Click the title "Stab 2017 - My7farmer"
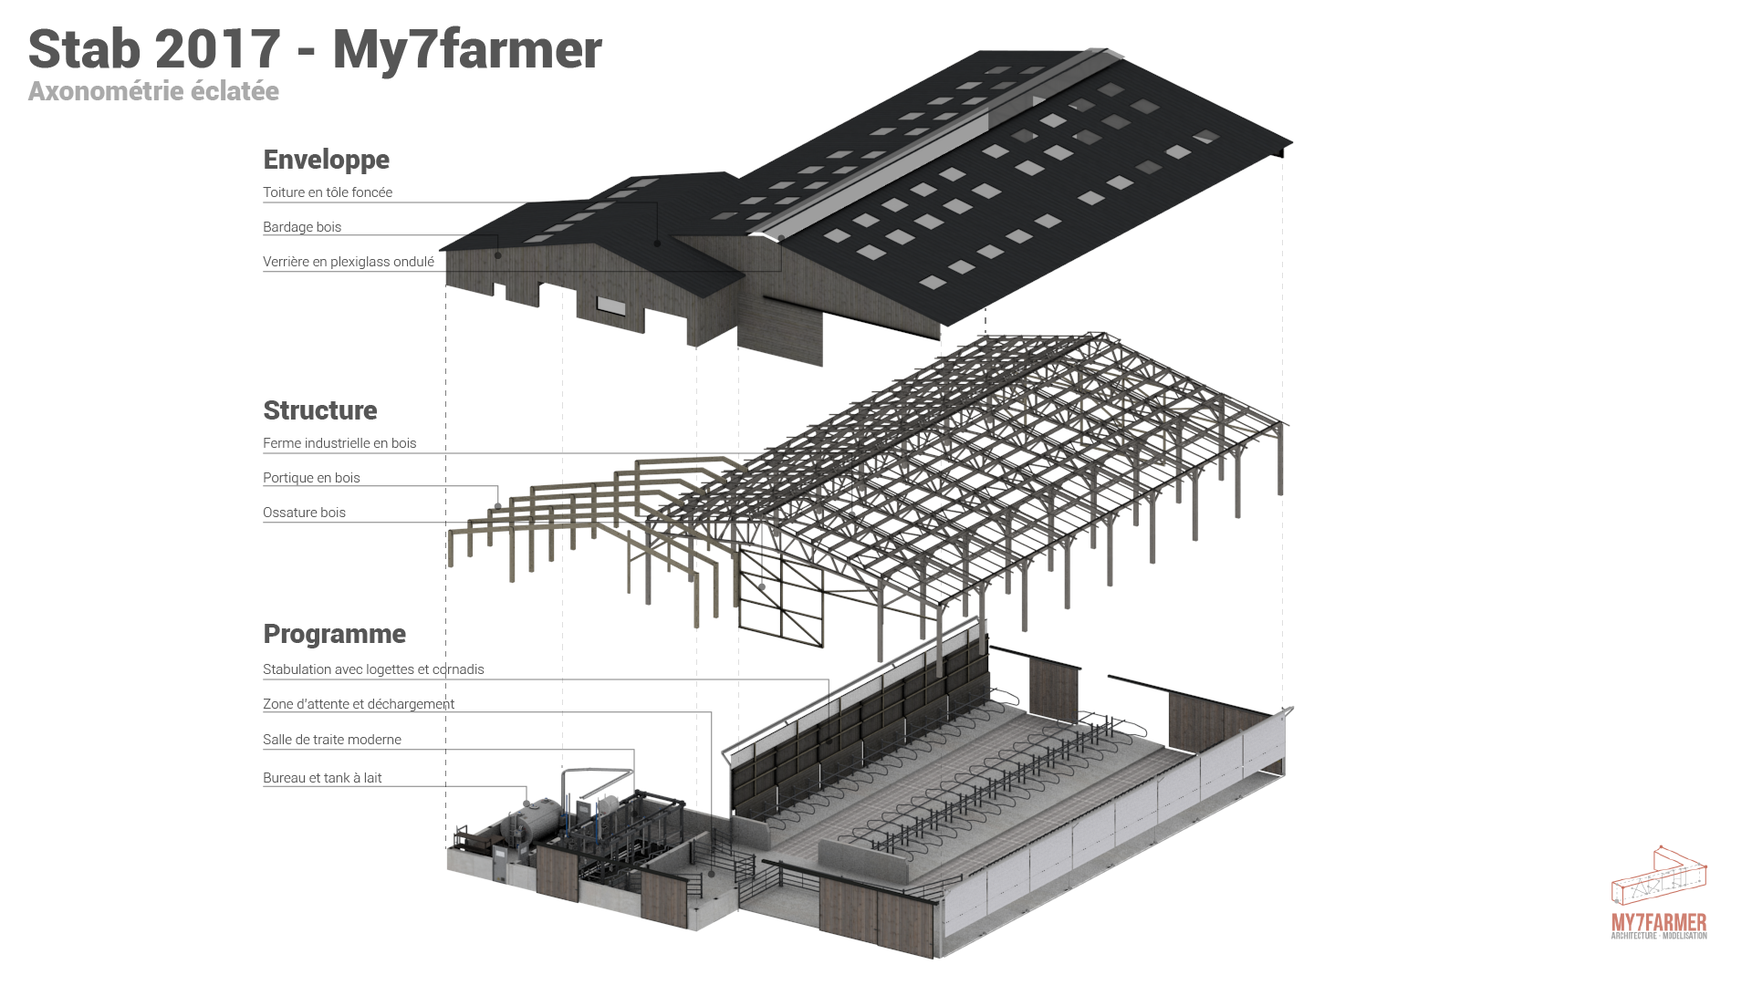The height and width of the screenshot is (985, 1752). click(315, 49)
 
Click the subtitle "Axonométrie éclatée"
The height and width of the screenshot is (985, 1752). click(153, 91)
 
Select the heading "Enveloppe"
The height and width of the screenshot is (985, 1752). click(326, 160)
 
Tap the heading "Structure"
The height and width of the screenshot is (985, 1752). click(319, 410)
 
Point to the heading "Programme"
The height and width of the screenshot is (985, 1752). click(334, 634)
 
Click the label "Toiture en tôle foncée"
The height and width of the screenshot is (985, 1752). click(328, 192)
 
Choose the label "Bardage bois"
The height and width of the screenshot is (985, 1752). click(302, 227)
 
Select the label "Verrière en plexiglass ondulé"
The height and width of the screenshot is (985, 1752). click(349, 262)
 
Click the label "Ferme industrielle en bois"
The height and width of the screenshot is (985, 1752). click(339, 443)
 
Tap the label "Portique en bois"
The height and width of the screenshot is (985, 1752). click(311, 478)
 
